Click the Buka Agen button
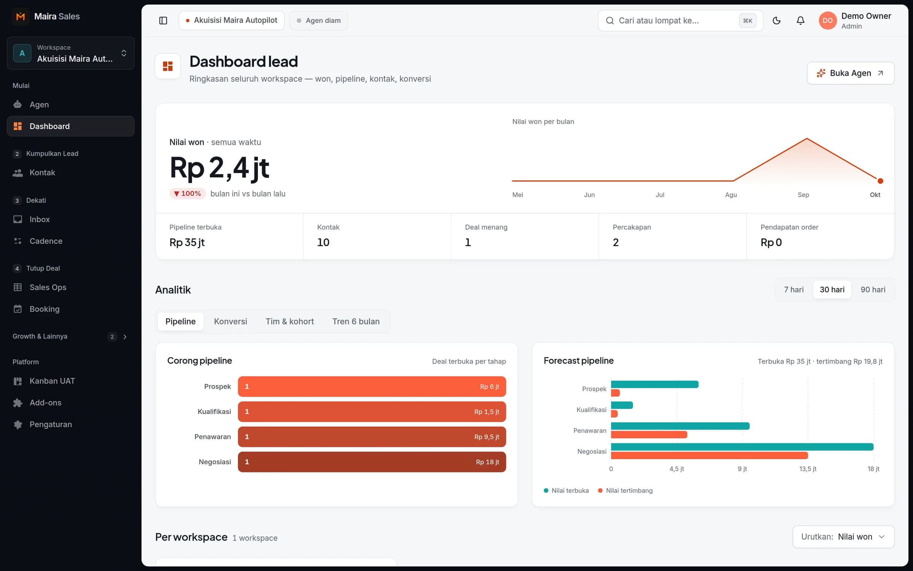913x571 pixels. click(x=850, y=73)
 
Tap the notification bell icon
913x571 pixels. click(x=800, y=21)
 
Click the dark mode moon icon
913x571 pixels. click(x=776, y=21)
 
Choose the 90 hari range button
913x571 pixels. click(x=873, y=290)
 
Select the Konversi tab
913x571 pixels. click(x=231, y=321)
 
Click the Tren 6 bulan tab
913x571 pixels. click(x=356, y=321)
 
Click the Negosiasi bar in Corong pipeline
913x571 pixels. click(x=372, y=462)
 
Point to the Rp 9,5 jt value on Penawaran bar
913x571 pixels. click(x=487, y=437)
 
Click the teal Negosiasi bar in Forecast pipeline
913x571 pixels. click(x=742, y=447)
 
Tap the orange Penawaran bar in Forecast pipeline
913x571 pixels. click(x=649, y=435)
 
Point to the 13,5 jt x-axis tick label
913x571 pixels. click(x=808, y=469)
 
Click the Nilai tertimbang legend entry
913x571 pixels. click(x=625, y=491)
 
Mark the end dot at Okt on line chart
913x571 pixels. click(x=880, y=181)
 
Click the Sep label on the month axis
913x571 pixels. click(x=803, y=195)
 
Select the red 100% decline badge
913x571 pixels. click(x=188, y=194)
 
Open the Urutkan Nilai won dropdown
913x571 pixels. click(x=843, y=537)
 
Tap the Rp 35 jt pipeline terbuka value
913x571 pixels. click(x=187, y=242)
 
